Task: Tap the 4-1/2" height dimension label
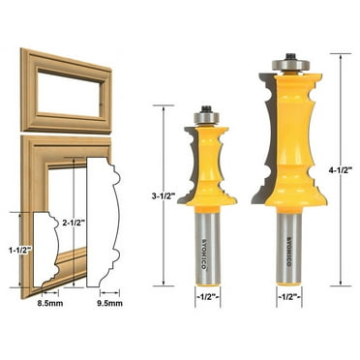345,168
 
